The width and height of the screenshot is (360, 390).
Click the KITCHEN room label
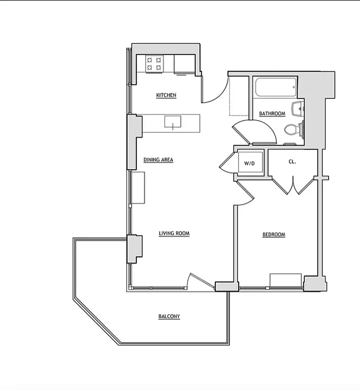coord(166,95)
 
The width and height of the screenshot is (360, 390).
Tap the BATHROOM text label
coord(272,114)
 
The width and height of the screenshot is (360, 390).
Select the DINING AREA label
coord(158,159)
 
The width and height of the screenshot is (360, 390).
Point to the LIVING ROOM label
coord(174,234)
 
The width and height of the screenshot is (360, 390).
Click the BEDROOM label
coord(274,234)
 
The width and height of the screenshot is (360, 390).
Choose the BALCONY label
coord(169,316)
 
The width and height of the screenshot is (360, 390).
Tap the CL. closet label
coord(292,161)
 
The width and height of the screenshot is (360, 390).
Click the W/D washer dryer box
coord(249,163)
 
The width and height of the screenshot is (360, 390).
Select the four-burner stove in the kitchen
coord(154,64)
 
